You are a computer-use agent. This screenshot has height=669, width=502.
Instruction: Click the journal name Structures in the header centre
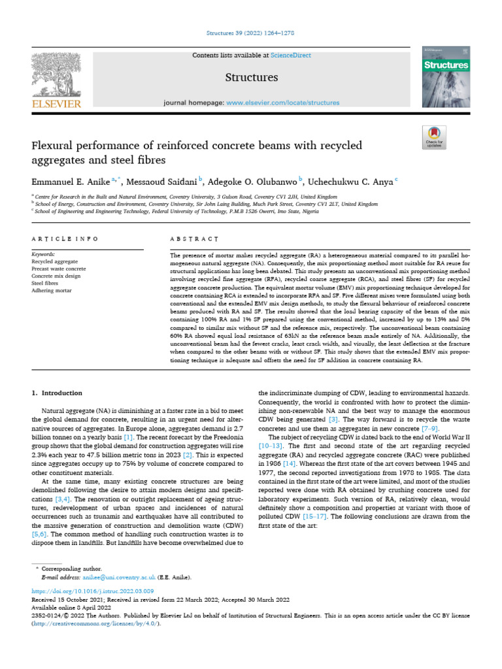click(x=251, y=78)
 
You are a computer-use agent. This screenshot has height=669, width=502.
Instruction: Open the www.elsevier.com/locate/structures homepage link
click(x=282, y=103)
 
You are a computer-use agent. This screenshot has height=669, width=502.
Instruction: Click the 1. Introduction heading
click(x=58, y=393)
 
